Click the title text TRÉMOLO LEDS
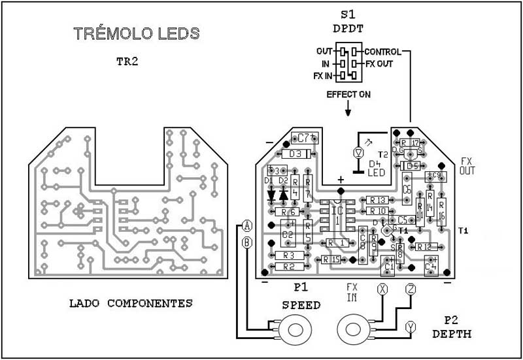(x=134, y=33)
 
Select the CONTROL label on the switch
(x=382, y=51)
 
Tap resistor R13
(x=378, y=200)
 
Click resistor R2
(x=288, y=267)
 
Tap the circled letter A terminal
(x=246, y=226)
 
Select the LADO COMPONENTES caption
(x=130, y=303)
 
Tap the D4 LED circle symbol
(x=357, y=152)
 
